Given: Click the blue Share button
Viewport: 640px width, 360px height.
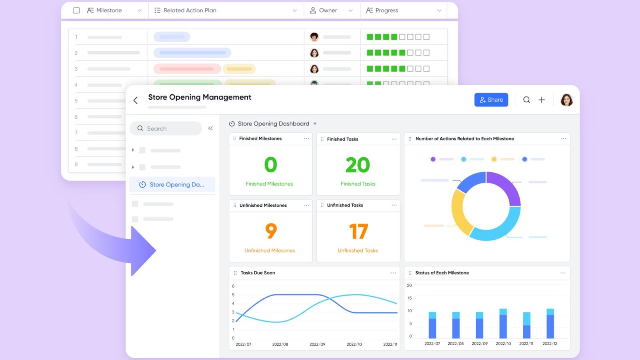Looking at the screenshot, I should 491,100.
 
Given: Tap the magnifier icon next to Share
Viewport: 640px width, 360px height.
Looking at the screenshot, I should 526,100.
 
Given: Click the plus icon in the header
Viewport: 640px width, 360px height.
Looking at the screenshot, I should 542,100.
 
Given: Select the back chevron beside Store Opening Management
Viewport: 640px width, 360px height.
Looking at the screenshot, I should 136,100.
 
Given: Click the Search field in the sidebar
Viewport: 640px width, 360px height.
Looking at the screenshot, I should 166,128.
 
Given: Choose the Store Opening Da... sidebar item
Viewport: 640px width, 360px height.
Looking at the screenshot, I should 172,184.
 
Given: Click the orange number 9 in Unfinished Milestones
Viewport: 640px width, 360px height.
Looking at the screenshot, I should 271,231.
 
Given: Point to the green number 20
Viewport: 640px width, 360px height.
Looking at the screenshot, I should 358,165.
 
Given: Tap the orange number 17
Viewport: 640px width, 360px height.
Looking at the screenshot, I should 358,231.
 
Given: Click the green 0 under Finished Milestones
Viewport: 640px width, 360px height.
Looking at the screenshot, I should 270,165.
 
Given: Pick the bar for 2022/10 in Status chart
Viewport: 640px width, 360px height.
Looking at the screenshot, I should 503,324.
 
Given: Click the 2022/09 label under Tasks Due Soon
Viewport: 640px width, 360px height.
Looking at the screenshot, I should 317,344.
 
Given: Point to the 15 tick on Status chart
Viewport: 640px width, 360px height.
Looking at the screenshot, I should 410,298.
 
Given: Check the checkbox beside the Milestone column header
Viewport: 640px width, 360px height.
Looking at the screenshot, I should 76,10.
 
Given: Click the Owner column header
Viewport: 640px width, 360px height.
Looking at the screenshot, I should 328,10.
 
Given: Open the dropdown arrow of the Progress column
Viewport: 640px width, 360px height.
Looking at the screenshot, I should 439,10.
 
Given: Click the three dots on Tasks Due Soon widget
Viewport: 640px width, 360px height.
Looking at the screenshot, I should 393,273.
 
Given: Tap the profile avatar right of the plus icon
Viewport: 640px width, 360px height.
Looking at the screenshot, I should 566,100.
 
